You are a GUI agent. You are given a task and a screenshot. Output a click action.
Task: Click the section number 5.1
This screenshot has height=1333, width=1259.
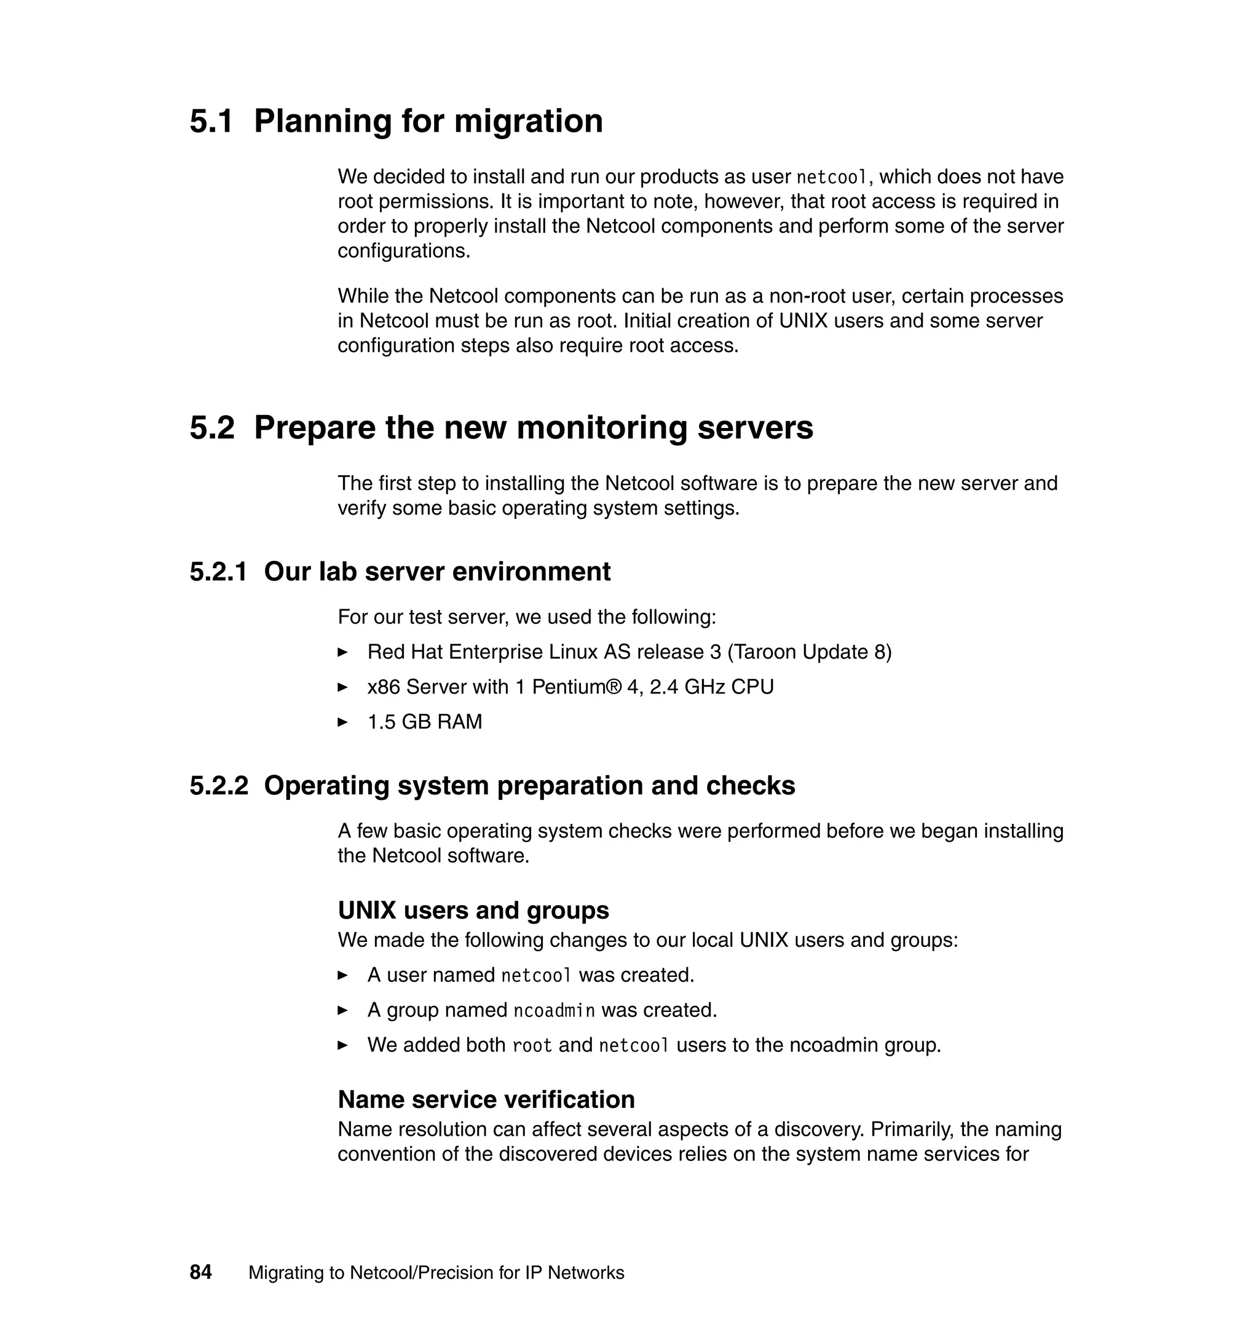coord(211,122)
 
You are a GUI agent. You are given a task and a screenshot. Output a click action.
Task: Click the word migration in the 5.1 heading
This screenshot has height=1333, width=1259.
coord(528,122)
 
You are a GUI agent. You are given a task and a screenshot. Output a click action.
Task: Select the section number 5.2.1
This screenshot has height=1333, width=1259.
coord(218,572)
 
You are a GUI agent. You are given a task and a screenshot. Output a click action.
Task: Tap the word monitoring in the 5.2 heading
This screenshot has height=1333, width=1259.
coord(600,427)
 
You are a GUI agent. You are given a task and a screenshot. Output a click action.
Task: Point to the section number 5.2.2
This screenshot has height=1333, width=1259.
coord(219,785)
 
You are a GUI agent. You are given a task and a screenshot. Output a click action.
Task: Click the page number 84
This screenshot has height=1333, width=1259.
coord(200,1272)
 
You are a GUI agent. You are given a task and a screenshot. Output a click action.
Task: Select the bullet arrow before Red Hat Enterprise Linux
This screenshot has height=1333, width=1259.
coord(342,652)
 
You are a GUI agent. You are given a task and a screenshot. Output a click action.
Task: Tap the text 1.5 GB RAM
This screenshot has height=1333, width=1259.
coord(424,722)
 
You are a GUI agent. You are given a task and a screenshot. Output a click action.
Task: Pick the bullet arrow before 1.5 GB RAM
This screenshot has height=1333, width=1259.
coord(342,722)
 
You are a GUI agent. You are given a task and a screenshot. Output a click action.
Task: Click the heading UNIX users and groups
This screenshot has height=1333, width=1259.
coord(473,910)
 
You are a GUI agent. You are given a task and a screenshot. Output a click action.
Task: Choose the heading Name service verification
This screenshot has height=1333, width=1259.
coord(486,1099)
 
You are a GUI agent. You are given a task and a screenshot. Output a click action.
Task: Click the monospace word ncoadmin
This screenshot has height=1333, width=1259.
coord(554,1010)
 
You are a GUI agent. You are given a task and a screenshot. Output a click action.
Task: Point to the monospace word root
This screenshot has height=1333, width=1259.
coord(532,1045)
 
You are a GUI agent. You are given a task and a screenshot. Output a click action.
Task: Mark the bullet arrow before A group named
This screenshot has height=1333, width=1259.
coord(342,1010)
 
